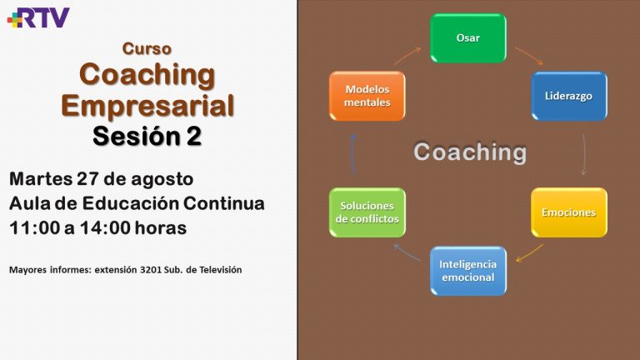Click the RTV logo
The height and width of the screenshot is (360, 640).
[x=38, y=17]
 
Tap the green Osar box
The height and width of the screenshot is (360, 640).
[x=468, y=38]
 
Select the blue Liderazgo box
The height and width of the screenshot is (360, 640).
[x=569, y=96]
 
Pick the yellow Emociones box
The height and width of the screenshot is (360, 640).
[x=569, y=212]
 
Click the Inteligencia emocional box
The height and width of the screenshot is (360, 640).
[x=468, y=271]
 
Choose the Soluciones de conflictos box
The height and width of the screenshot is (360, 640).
[x=367, y=212]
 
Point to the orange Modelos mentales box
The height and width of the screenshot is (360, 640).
[x=367, y=96]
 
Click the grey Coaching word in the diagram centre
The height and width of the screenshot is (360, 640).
[x=470, y=152]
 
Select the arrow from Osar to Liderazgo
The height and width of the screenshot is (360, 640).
[x=529, y=56]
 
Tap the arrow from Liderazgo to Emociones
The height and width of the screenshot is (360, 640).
[x=584, y=154]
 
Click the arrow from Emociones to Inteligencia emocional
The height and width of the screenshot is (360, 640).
[x=529, y=253]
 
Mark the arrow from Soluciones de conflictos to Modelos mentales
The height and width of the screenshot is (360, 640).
[x=352, y=155]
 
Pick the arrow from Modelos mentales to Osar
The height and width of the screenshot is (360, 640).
[x=407, y=56]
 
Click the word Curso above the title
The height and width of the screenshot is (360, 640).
[x=147, y=48]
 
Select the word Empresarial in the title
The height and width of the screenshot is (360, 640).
[x=147, y=106]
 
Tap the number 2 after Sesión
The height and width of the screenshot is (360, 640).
[x=194, y=136]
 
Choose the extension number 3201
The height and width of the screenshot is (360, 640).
[x=151, y=270]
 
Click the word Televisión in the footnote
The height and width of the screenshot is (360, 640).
[x=220, y=270]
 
